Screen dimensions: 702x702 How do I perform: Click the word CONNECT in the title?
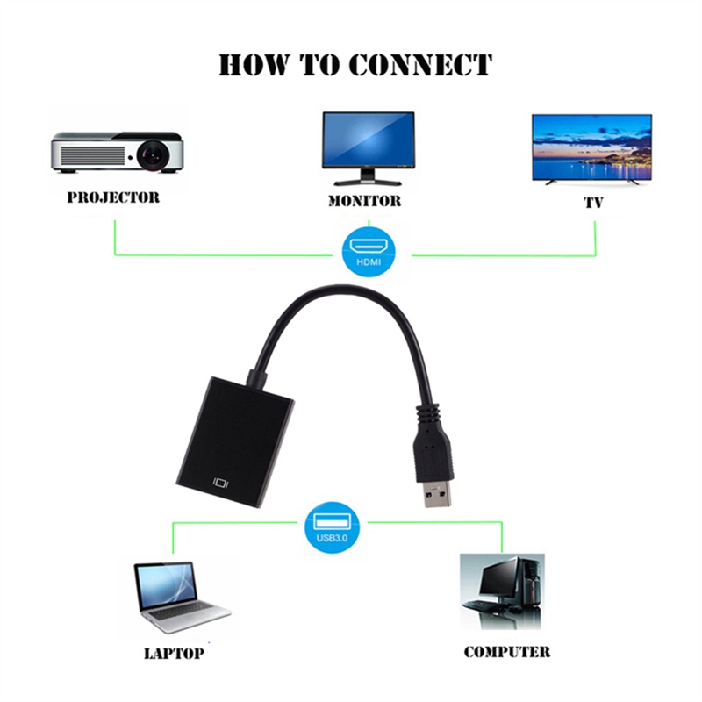pyautogui.click(x=420, y=65)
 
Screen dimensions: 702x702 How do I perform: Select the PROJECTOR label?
pyautogui.click(x=113, y=197)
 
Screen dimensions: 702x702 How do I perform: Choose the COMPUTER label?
pyautogui.click(x=506, y=652)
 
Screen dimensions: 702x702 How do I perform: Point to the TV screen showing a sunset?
pyautogui.click(x=592, y=146)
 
